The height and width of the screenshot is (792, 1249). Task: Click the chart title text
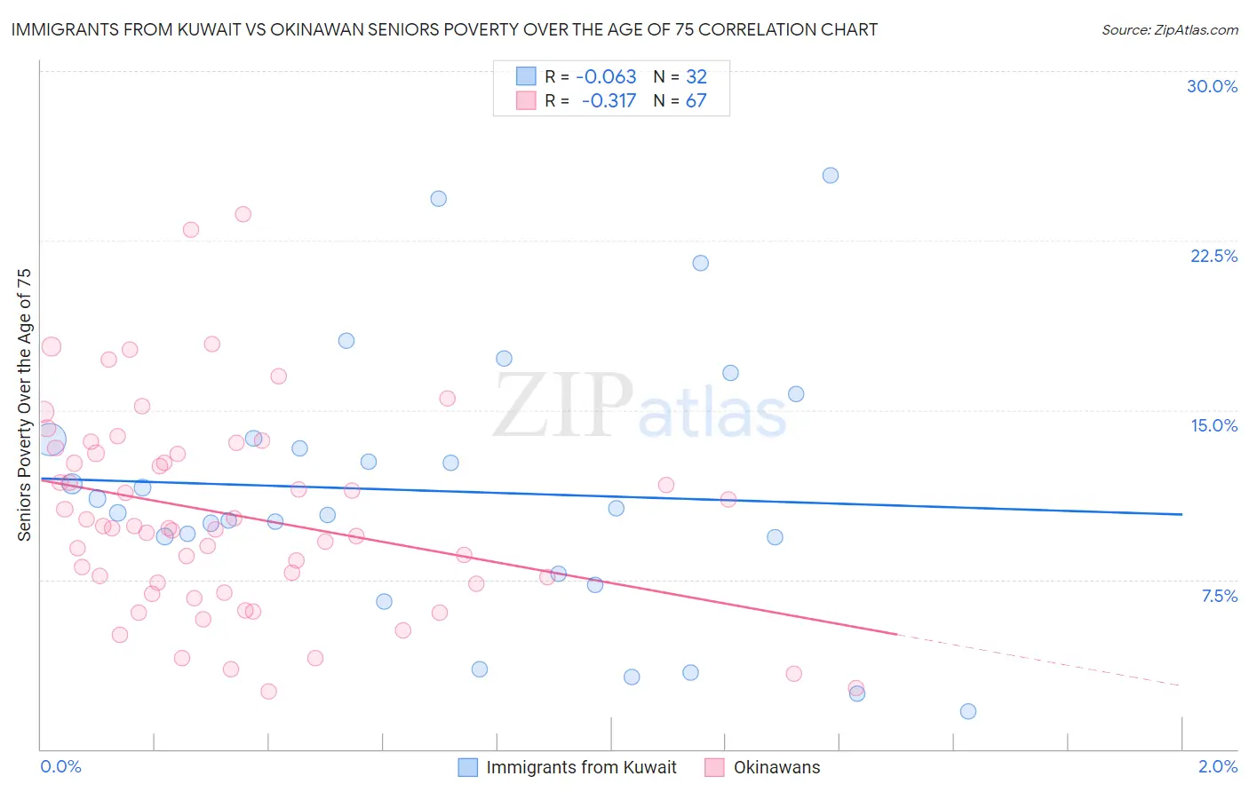coord(444,29)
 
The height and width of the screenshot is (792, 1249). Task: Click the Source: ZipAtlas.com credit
coord(1169,29)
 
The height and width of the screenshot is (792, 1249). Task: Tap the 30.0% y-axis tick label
coord(1212,86)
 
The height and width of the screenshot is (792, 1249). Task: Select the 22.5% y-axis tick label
coord(1213,256)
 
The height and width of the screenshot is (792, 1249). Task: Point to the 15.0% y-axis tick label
coord(1213,425)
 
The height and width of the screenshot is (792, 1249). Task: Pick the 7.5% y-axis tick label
coord(1219,596)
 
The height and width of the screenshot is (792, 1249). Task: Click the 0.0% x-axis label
coord(60,766)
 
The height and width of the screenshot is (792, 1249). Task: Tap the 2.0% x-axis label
coord(1217,766)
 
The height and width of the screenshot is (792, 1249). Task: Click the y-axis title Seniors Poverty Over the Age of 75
coord(25,404)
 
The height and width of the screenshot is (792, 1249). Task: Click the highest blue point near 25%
coord(831,175)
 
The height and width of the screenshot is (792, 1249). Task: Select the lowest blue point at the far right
coord(968,711)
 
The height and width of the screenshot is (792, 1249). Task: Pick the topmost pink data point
coord(243,214)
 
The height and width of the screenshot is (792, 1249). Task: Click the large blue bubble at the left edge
coord(51,439)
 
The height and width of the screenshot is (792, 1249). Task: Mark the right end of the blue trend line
coord(1181,514)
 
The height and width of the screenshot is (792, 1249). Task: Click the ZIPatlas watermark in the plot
coord(640,406)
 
